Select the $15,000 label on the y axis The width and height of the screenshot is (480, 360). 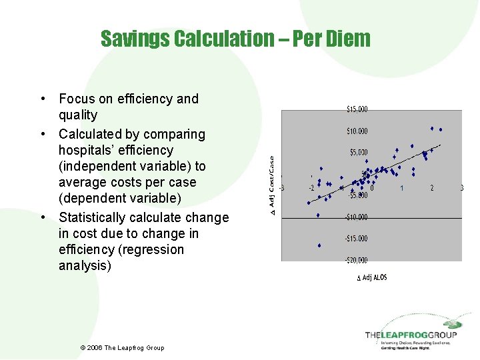tap(357, 109)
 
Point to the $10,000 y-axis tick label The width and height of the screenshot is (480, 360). tap(357, 131)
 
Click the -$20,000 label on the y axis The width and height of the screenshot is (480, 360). tap(355, 260)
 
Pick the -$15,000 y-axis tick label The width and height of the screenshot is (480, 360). tap(355, 238)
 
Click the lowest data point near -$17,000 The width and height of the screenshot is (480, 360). tap(319, 245)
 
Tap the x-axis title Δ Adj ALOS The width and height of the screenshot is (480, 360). tap(371, 277)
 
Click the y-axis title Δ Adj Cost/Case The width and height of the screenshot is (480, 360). tap(272, 185)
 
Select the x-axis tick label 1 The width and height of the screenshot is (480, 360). tap(402, 189)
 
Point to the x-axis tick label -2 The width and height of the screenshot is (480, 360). tap(311, 189)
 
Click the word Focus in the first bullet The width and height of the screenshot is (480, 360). tap(76, 99)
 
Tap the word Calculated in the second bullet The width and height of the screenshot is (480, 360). tap(91, 134)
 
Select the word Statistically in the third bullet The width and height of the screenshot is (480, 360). tap(95, 217)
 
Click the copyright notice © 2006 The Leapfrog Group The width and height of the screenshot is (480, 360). tap(122, 347)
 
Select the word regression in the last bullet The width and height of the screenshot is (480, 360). tap(154, 249)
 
